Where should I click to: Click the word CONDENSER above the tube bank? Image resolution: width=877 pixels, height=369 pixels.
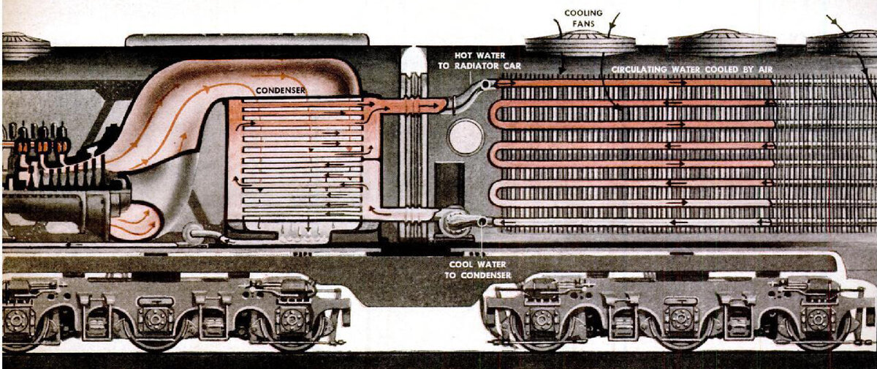(x=280, y=91)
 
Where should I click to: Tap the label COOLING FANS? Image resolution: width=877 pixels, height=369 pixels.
(x=582, y=18)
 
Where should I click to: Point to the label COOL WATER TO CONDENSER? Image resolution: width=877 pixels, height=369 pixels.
(x=477, y=269)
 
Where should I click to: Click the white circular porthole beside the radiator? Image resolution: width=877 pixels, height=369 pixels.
(x=465, y=136)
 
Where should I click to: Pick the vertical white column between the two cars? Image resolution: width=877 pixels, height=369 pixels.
(x=414, y=146)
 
